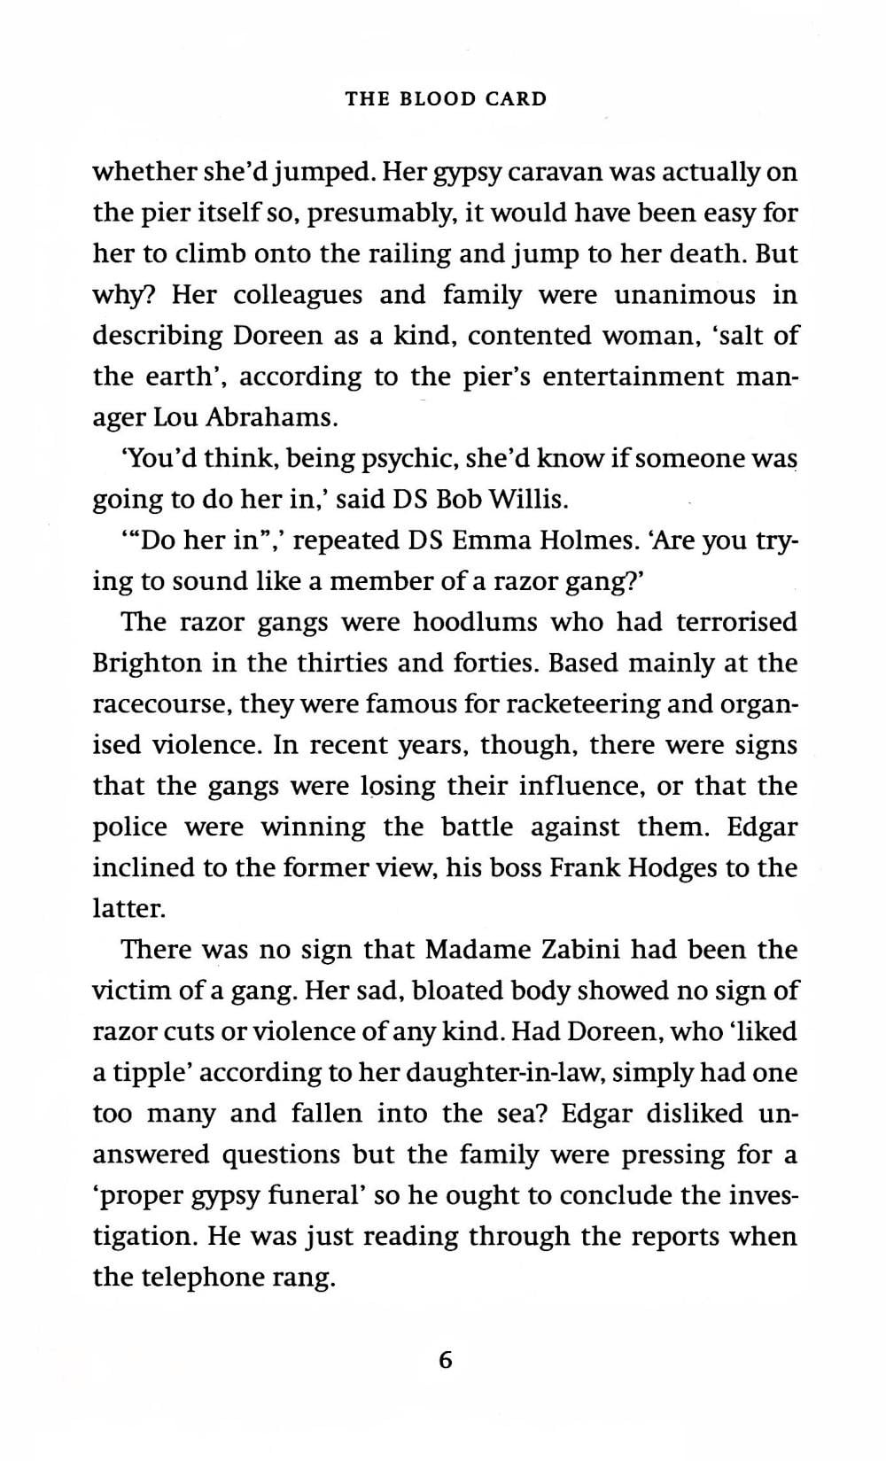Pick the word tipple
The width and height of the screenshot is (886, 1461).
coord(152,1073)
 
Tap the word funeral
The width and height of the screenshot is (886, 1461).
coord(307,1196)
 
